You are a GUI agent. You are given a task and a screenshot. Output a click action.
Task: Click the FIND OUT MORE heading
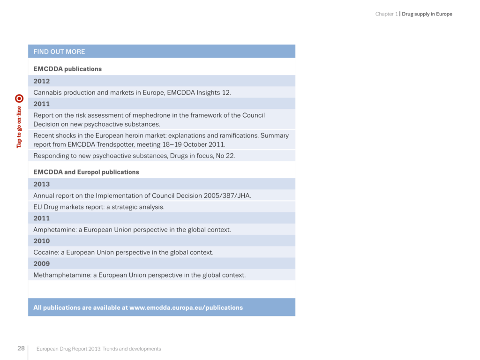click(59, 52)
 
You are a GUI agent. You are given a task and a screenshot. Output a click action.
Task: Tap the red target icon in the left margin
click(19, 98)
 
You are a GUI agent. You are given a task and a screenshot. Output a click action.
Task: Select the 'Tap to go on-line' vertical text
click(19, 127)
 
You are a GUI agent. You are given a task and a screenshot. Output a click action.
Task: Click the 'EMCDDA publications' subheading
click(67, 69)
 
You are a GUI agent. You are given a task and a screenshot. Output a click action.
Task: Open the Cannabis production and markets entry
click(132, 93)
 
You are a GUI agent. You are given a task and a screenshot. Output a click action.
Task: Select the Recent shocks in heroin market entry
click(161, 140)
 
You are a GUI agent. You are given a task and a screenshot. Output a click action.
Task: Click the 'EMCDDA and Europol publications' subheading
click(86, 172)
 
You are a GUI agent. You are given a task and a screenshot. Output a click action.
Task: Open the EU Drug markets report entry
click(99, 207)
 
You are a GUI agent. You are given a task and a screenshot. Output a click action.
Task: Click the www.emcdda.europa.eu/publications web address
click(186, 308)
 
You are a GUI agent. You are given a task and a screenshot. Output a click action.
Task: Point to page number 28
click(21, 348)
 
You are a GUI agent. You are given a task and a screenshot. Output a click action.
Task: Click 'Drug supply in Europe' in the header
click(427, 14)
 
